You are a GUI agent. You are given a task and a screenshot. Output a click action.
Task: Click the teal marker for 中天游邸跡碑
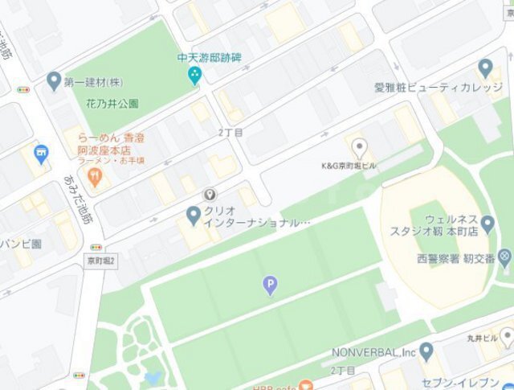[194, 76]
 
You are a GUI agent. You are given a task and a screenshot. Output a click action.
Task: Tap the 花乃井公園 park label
[112, 104]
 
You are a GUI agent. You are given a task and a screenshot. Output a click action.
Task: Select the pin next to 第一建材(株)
[54, 80]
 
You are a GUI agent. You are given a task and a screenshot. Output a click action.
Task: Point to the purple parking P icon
[271, 285]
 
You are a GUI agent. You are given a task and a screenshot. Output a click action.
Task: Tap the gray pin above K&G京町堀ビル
[361, 147]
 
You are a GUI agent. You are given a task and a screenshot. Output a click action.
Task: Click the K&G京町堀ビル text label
[350, 166]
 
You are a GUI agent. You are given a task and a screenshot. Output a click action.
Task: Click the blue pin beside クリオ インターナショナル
[193, 215]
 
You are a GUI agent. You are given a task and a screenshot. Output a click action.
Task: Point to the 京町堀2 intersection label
[102, 261]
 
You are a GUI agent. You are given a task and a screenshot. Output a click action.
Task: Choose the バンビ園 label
[20, 243]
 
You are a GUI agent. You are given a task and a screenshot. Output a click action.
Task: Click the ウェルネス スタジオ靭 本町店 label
[456, 224]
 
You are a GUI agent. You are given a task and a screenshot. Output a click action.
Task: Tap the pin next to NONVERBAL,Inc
[426, 351]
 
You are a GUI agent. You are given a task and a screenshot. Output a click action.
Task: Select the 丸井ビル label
[481, 339]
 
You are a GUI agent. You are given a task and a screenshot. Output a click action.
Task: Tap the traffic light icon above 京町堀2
[97, 247]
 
